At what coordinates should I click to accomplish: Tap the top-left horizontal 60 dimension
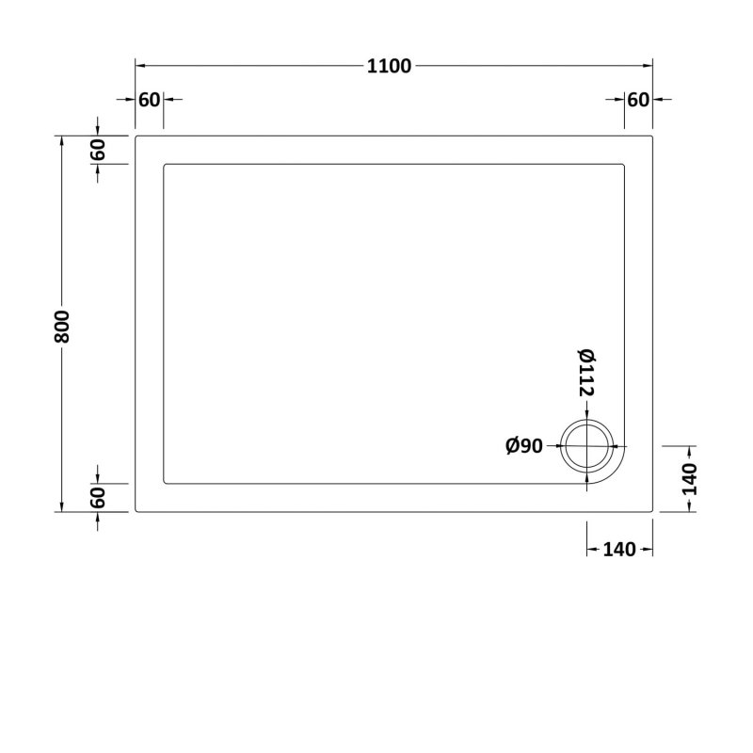tap(149, 101)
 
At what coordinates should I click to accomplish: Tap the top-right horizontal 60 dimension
tap(638, 101)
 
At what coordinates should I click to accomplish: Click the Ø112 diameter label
tap(585, 371)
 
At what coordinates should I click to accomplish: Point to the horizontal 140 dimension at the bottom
tap(618, 551)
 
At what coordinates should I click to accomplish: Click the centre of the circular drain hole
tap(588, 446)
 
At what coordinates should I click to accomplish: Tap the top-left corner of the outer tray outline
tap(137, 136)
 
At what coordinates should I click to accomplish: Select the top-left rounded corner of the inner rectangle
tap(167, 166)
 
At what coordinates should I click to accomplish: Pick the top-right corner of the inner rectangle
tap(623, 166)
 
